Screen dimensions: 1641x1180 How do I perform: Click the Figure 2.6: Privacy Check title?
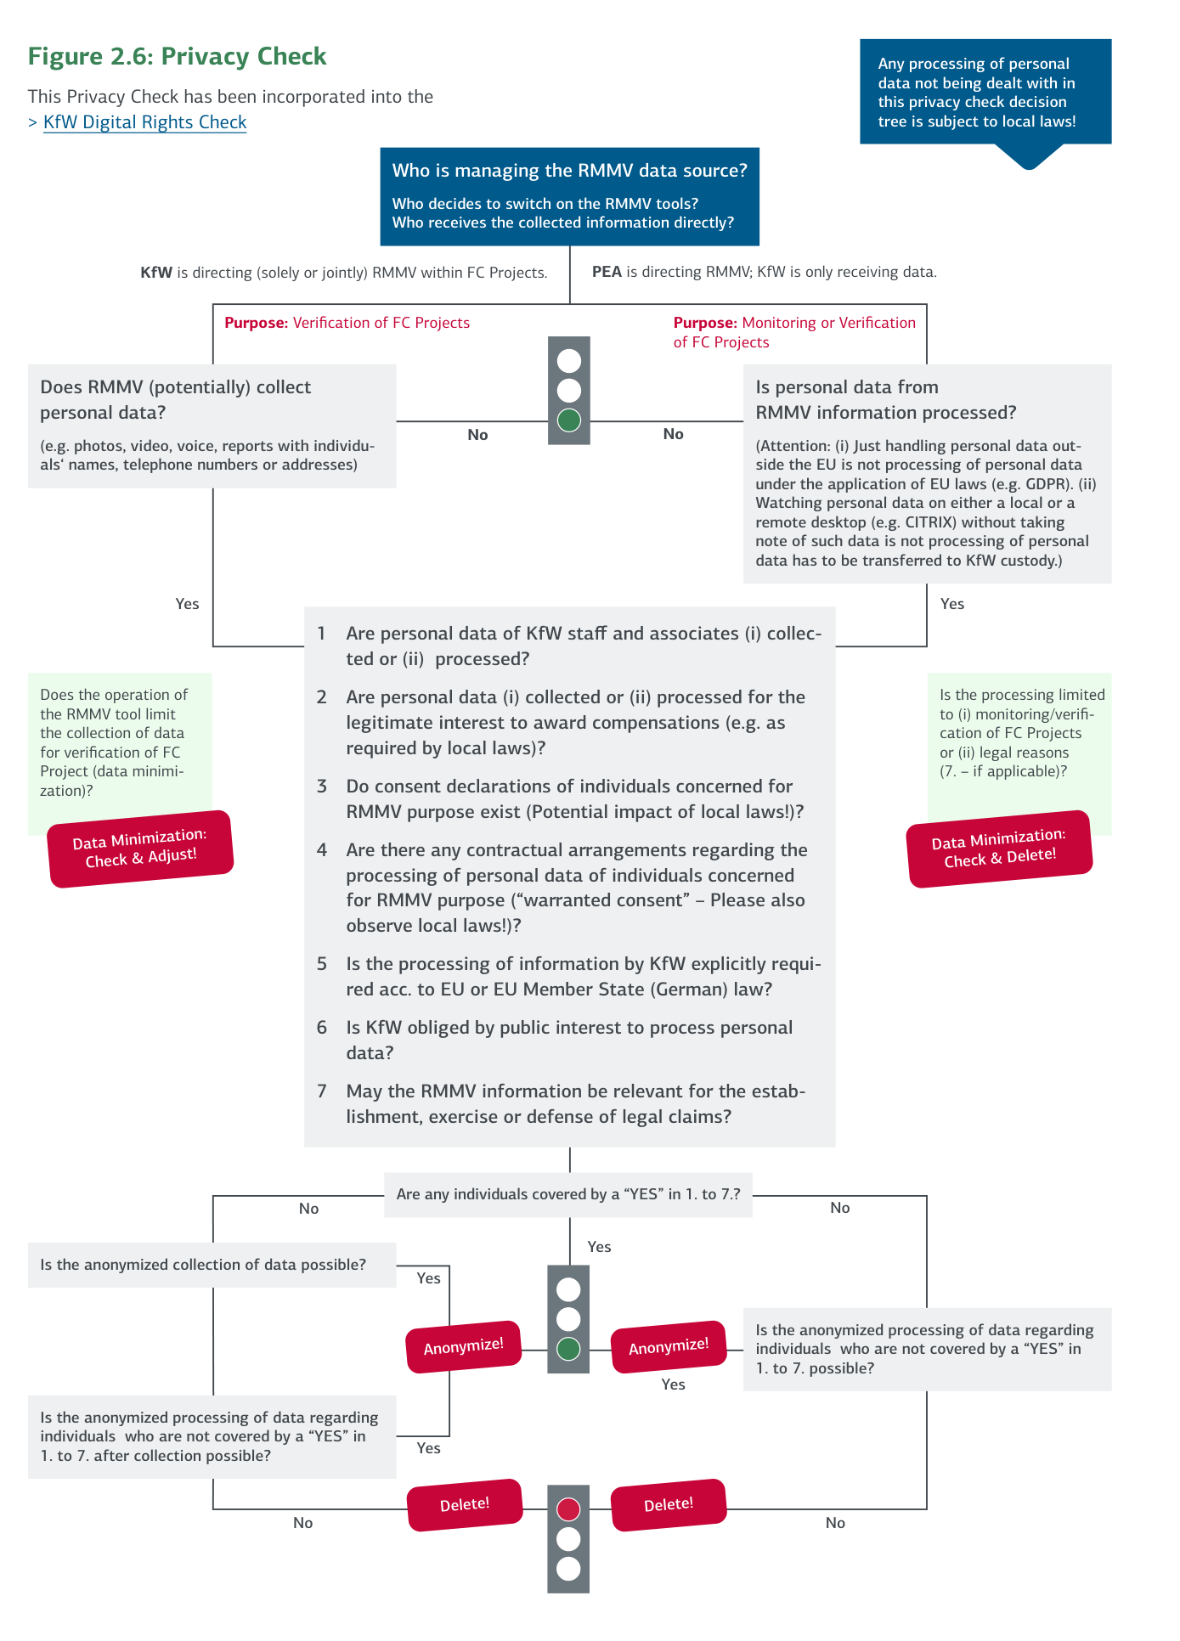tap(177, 56)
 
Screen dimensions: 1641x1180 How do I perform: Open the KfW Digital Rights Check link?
tap(144, 122)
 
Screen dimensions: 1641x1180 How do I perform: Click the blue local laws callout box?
tap(985, 92)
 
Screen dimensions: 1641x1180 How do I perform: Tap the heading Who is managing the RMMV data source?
tap(569, 171)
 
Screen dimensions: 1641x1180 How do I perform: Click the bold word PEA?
tap(607, 272)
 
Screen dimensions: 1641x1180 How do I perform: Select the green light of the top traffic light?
tap(568, 420)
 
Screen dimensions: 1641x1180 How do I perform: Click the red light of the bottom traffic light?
tap(568, 1508)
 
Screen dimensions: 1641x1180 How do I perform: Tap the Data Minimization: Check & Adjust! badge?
tap(140, 849)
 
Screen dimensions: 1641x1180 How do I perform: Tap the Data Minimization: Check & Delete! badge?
tap(999, 849)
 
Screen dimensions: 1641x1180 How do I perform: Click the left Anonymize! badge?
tap(463, 1346)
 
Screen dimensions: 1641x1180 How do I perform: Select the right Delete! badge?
tap(669, 1504)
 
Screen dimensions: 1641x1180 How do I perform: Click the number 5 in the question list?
tap(322, 964)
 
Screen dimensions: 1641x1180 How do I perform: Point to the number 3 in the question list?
tap(322, 787)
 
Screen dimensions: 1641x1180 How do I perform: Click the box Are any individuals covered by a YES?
tap(567, 1194)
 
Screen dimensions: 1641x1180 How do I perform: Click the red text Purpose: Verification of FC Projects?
tap(347, 323)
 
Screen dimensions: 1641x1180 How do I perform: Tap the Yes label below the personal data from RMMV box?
tap(951, 604)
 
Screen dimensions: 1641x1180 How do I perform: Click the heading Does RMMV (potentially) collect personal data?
tap(176, 399)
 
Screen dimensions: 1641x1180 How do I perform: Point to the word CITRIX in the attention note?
tap(929, 522)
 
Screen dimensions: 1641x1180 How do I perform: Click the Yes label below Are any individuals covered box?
tap(599, 1247)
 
